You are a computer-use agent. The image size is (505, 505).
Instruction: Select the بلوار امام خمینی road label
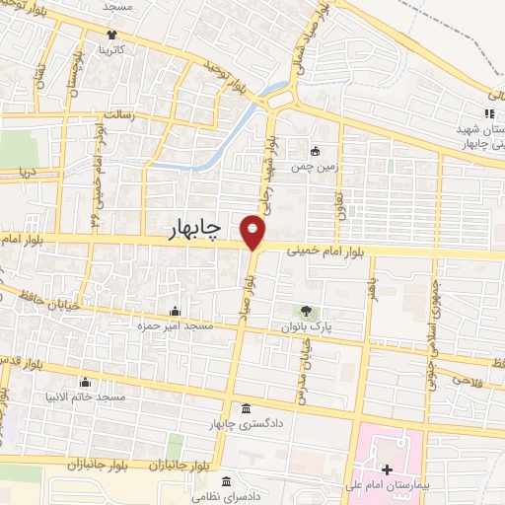[x=325, y=252]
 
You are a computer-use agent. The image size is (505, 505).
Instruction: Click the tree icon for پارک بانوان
[x=306, y=312]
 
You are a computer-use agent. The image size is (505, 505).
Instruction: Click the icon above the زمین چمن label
[x=316, y=151]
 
